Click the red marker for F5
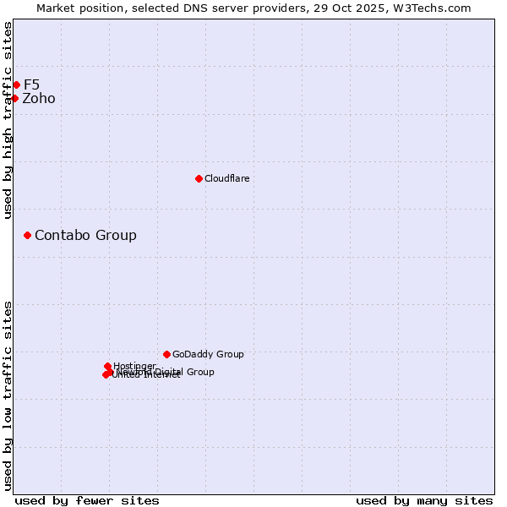tap(16, 84)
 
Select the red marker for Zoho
tap(14, 98)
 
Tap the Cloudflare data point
tap(199, 178)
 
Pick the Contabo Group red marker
tap(27, 235)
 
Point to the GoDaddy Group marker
tap(166, 354)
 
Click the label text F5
tap(31, 84)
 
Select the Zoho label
tap(39, 99)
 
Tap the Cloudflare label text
tap(226, 179)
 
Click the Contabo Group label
tap(85, 236)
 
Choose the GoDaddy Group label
tap(208, 355)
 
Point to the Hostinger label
tap(134, 366)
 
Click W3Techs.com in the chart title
tap(437, 8)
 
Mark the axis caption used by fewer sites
tap(87, 500)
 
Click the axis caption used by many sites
tap(424, 500)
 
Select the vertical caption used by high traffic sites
tap(8, 120)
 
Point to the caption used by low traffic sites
tap(8, 395)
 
